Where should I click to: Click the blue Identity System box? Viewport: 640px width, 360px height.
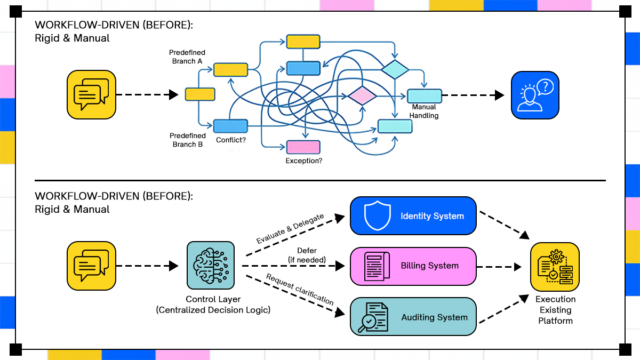click(413, 216)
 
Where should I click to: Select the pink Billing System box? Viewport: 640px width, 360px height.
click(413, 266)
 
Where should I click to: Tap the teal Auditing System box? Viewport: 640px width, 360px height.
click(413, 317)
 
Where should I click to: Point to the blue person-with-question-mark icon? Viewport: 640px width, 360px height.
click(535, 94)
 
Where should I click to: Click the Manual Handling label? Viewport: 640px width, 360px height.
click(424, 111)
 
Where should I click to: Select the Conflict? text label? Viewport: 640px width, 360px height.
click(231, 140)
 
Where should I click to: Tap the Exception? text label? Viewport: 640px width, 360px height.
click(303, 160)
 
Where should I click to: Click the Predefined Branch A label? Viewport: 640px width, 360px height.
click(187, 57)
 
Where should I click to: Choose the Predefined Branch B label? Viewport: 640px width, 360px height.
click(187, 140)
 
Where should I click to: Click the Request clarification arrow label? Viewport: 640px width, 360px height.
click(299, 290)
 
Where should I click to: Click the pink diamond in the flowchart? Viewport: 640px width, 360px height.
click(363, 95)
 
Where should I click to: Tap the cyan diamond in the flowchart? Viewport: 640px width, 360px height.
click(395, 69)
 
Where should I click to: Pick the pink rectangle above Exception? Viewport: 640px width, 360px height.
click(303, 147)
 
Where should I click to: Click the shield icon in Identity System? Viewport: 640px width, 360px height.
click(374, 216)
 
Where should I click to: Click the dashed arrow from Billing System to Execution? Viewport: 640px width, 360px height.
click(499, 266)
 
